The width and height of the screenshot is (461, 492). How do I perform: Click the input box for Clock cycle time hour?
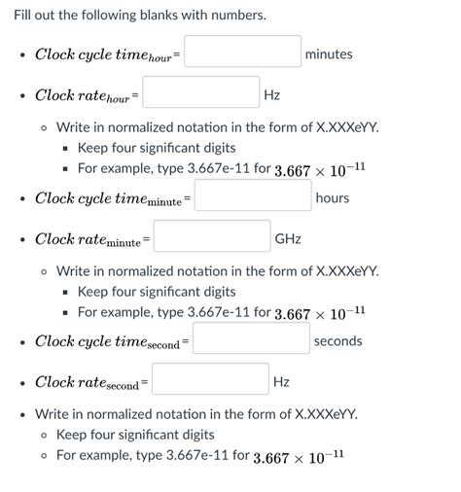[x=242, y=52]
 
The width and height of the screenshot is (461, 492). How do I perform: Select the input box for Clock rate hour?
[x=201, y=93]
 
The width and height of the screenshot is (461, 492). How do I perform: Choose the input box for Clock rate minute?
[x=212, y=236]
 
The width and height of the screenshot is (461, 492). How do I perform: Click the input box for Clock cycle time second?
[x=250, y=339]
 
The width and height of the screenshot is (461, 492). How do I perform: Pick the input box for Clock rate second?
[x=210, y=379]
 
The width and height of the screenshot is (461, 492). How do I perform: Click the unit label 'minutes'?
[x=329, y=53]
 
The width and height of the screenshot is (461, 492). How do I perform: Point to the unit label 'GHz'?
[x=288, y=238]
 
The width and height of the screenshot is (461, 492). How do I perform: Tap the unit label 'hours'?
[x=333, y=197]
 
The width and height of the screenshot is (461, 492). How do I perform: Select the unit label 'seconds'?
[x=337, y=340]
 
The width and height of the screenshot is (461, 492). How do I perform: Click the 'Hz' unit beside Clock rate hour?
[x=272, y=95]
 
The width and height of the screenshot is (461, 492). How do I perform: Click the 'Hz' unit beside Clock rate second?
[x=281, y=381]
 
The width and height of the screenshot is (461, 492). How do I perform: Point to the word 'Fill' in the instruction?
[x=24, y=17]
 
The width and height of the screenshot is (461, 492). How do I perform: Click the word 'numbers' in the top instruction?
[x=238, y=17]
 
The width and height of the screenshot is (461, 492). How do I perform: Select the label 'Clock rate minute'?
[x=89, y=239]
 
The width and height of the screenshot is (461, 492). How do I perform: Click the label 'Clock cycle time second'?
[x=110, y=341]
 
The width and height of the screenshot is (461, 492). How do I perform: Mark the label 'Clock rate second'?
[x=89, y=382]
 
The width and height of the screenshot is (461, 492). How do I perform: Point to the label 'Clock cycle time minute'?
[x=111, y=198]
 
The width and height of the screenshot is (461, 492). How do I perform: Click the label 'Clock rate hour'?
[x=84, y=95]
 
